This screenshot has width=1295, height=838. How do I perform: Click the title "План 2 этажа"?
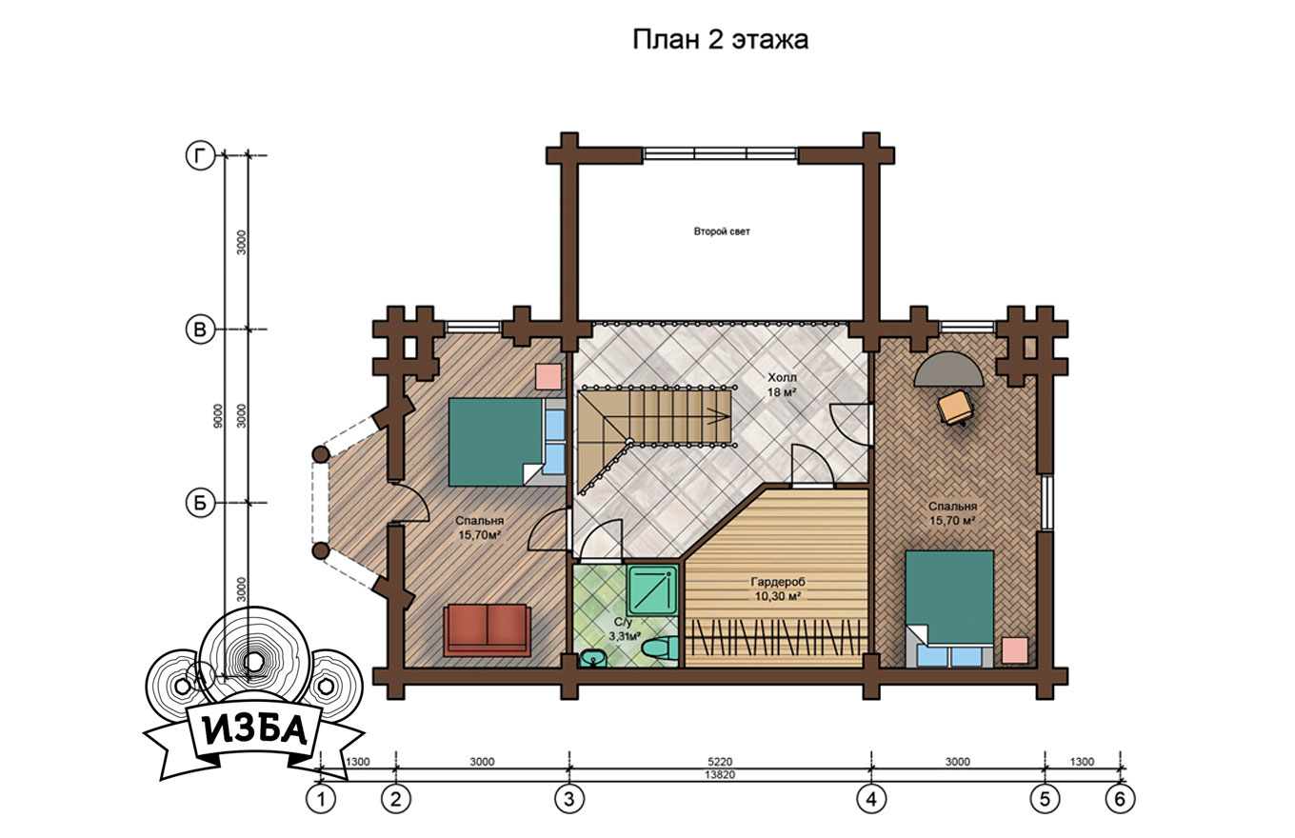[720, 40]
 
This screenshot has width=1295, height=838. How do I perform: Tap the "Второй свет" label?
[722, 231]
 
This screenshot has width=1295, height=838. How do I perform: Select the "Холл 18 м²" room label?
[782, 385]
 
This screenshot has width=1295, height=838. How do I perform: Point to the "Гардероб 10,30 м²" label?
[778, 589]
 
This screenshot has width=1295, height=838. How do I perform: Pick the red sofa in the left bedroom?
[488, 629]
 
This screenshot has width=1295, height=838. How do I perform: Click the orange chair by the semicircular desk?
[955, 408]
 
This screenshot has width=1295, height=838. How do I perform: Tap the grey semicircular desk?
[948, 369]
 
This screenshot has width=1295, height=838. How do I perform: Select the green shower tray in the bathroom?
[652, 589]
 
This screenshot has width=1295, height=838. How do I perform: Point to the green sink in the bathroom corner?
[592, 658]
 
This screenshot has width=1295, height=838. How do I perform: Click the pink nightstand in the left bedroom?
[548, 376]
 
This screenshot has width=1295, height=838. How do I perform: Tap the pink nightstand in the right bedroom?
[1015, 650]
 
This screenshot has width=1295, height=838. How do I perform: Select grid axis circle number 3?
[568, 799]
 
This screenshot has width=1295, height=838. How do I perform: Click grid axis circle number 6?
[1120, 799]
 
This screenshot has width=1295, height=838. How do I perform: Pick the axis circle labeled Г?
[200, 155]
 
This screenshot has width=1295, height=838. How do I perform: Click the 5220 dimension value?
[720, 762]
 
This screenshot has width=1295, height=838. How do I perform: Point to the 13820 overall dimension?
[720, 775]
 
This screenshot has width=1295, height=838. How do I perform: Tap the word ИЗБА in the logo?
[255, 732]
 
